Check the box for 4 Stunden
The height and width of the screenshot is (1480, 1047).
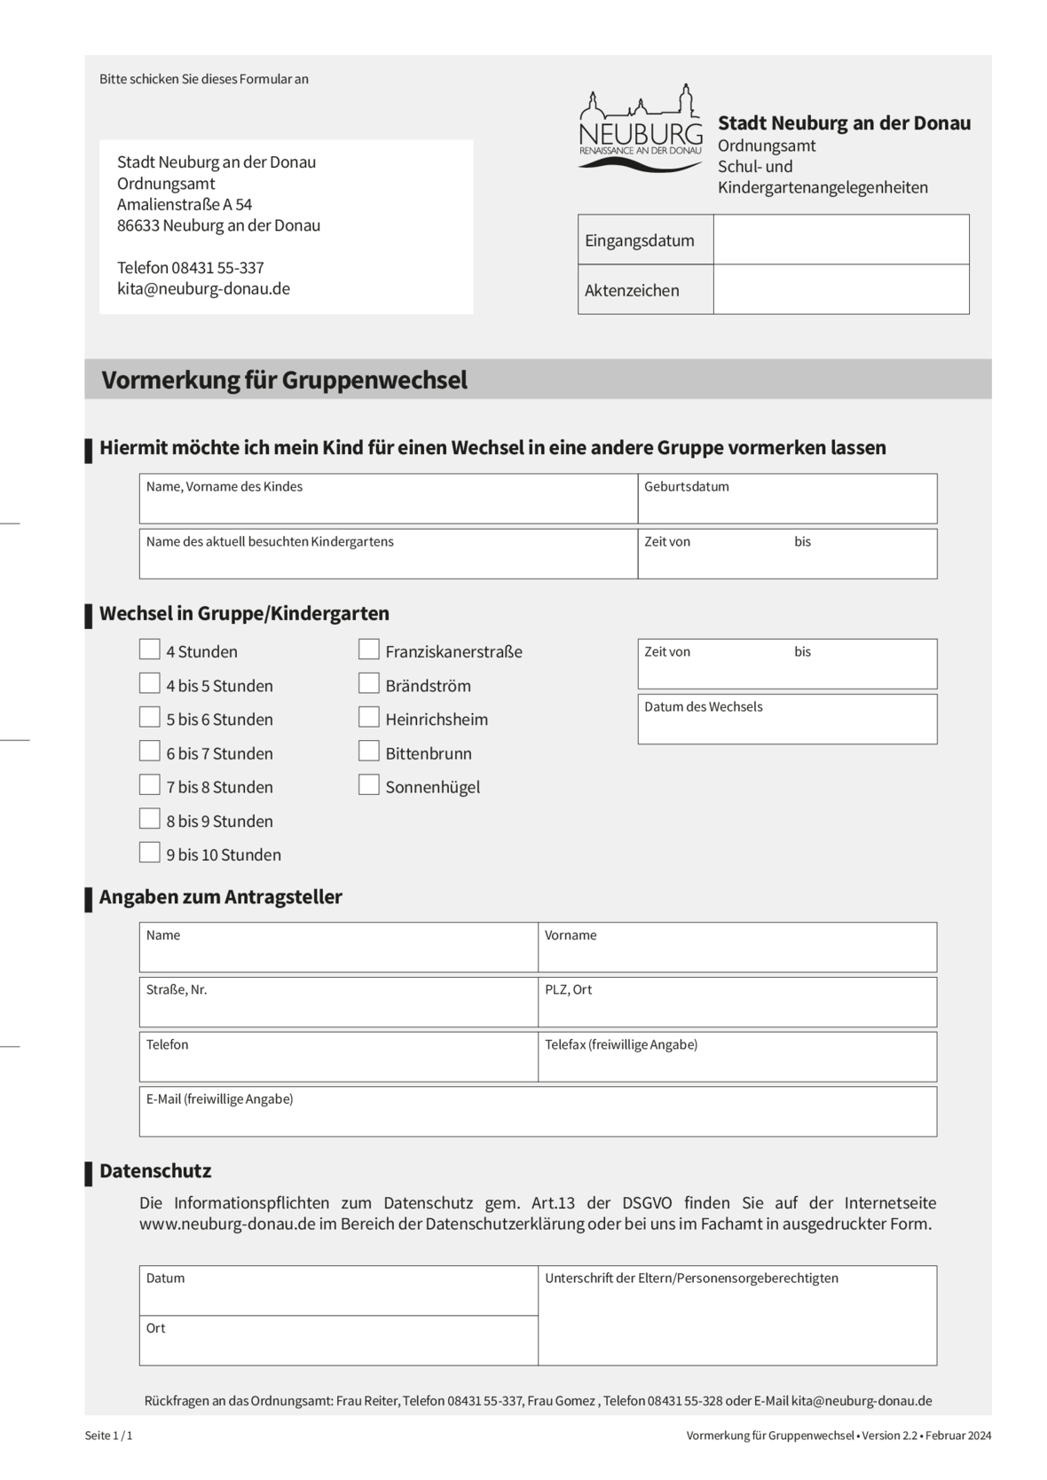click(149, 650)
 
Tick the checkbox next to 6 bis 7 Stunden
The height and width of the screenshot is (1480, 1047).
click(149, 752)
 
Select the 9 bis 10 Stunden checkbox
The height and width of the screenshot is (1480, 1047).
click(149, 853)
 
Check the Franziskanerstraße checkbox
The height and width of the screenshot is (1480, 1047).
click(369, 650)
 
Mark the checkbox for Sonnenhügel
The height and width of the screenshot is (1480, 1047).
click(369, 785)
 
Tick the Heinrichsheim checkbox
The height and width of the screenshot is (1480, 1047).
click(369, 718)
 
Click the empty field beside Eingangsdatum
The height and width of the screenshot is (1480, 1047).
click(840, 240)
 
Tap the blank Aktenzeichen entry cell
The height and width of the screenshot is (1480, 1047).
click(840, 289)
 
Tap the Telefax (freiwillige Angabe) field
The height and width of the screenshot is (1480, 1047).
click(736, 1062)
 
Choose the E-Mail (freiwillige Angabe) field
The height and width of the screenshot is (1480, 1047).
click(538, 1117)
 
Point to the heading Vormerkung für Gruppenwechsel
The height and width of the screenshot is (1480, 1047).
click(284, 380)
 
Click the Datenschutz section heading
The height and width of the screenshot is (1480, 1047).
click(155, 1171)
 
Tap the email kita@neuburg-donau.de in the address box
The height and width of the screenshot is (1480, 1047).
click(203, 289)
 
